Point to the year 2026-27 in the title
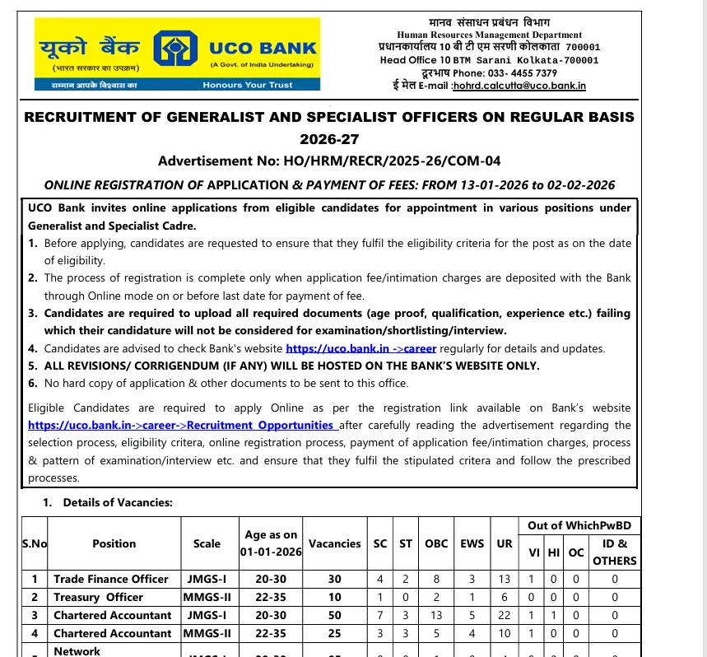329,138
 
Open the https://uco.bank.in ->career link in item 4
360,348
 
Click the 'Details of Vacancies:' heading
118,502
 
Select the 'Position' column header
114,543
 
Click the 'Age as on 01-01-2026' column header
271,543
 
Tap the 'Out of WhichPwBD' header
578,525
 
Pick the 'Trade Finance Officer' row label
111,579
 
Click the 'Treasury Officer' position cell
98,597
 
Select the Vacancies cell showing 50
334,615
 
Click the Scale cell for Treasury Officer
207,597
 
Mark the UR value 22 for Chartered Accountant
505,615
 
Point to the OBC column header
436,543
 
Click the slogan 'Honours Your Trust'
248,85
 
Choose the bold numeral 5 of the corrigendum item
32,366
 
